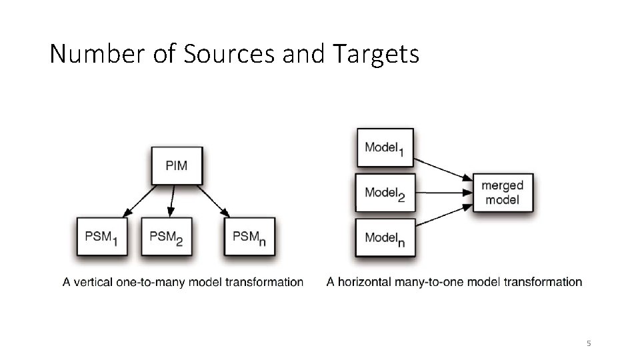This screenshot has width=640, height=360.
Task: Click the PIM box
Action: [x=177, y=165]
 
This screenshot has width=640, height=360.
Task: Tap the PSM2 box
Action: [x=167, y=237]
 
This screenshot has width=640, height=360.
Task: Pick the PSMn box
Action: [x=249, y=237]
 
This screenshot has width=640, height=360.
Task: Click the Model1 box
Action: [x=385, y=147]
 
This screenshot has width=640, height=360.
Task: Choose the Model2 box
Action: [x=385, y=193]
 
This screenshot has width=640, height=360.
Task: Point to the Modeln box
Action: [x=385, y=239]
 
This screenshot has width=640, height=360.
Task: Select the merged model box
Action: [x=503, y=193]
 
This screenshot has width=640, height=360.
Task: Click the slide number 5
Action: [x=589, y=343]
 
